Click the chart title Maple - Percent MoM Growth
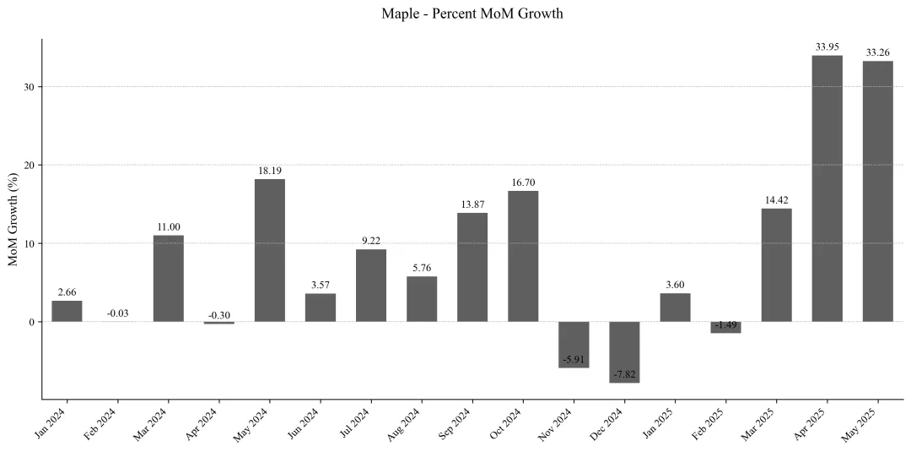(x=472, y=14)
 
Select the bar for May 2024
(x=269, y=250)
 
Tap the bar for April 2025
(x=827, y=188)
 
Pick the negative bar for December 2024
(x=624, y=351)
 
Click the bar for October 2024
(x=523, y=256)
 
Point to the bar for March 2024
(x=168, y=278)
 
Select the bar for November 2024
(x=574, y=344)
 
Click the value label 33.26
(x=877, y=52)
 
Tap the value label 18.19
(x=269, y=171)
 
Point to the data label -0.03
(x=118, y=314)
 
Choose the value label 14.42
(x=776, y=200)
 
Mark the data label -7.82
(x=624, y=374)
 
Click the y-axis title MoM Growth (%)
(x=13, y=218)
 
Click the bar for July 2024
(x=371, y=285)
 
